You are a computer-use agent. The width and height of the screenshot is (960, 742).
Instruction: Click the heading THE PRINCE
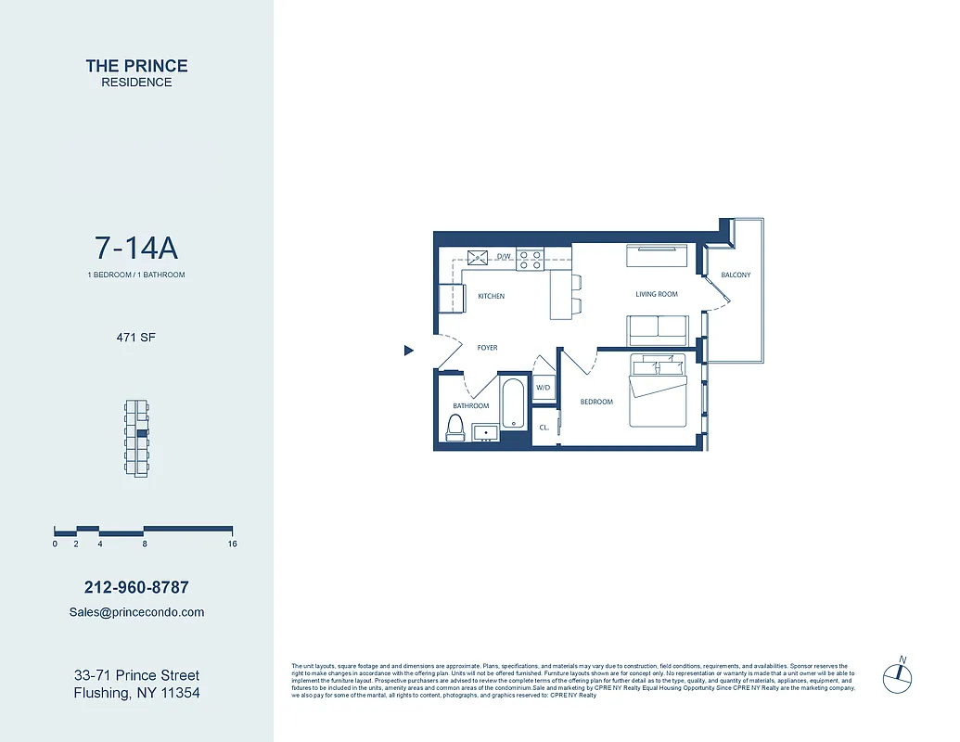tap(136, 66)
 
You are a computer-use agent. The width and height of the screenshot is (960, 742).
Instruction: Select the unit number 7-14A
tap(136, 249)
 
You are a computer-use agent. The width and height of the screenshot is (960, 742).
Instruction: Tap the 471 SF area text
tap(136, 338)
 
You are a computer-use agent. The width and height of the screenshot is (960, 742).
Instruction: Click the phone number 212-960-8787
tap(136, 587)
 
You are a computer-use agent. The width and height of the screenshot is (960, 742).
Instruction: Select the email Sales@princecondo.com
tap(136, 612)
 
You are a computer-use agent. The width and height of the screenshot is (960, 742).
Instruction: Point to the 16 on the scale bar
tap(232, 544)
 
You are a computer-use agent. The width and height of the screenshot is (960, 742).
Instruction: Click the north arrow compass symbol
tap(898, 675)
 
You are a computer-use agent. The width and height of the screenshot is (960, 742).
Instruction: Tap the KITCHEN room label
tap(491, 297)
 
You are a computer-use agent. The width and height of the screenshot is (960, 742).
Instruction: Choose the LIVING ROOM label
tap(656, 295)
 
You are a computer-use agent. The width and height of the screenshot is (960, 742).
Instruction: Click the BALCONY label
tap(736, 275)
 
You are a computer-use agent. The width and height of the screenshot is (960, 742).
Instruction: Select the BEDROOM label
tap(596, 402)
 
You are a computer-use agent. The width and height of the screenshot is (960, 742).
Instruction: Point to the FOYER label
tap(487, 348)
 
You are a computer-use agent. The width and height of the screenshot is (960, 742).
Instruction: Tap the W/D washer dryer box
tap(544, 388)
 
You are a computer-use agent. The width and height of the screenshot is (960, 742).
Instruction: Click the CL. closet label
tap(544, 428)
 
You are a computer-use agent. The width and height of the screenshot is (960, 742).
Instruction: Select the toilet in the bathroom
tap(455, 428)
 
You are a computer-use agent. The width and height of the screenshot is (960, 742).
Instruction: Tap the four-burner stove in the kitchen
tap(529, 259)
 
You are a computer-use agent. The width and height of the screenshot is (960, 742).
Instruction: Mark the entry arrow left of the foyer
tap(408, 351)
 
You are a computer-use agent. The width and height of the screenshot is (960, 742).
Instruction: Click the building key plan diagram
tap(136, 439)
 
